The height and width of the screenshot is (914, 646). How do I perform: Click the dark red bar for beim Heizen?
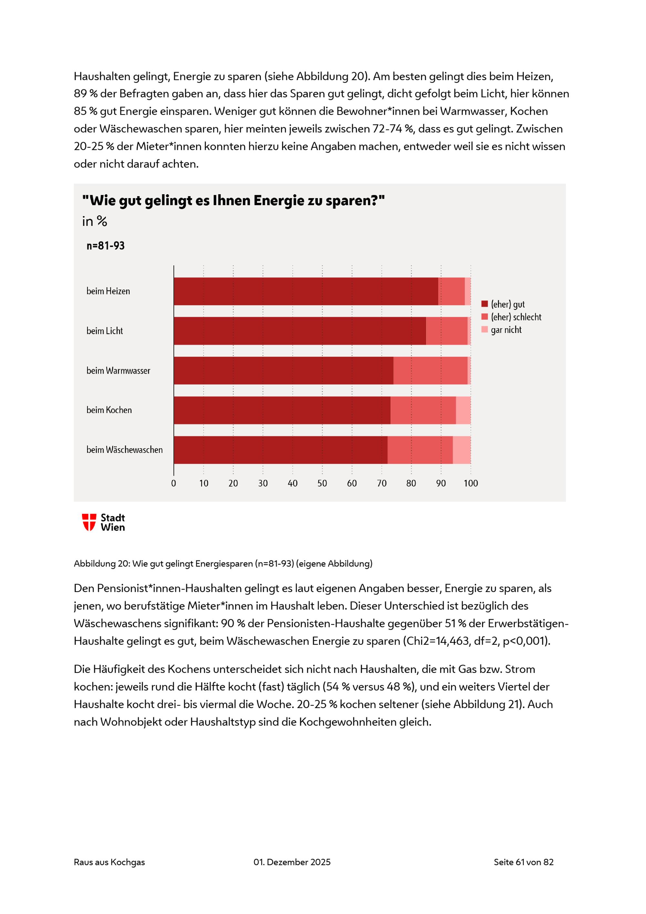(306, 292)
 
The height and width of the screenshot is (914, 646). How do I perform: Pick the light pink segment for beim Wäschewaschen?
(462, 450)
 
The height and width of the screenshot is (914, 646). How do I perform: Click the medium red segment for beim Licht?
(446, 331)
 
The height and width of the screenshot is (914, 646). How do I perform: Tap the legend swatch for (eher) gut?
(484, 304)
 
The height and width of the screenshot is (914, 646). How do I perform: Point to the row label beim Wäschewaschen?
(124, 450)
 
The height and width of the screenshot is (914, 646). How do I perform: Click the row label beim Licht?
(105, 331)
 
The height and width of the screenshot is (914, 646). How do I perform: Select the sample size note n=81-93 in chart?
(105, 246)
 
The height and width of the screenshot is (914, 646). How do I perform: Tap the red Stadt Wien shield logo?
(89, 522)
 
